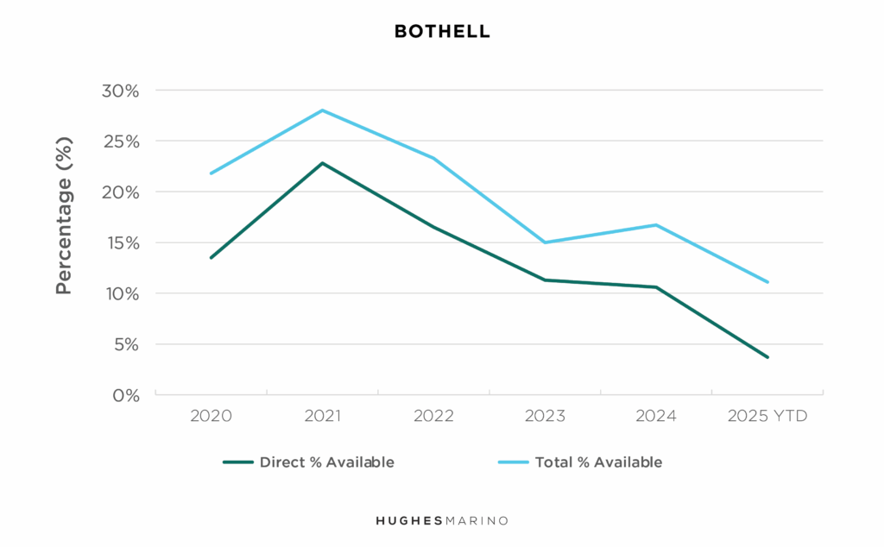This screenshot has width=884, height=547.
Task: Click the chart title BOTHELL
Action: (442, 32)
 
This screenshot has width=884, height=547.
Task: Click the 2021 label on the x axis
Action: (322, 417)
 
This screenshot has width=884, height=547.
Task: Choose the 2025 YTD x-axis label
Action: (767, 417)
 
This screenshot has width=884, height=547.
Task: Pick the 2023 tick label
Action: (545, 417)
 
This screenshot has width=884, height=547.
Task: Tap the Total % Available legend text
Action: (598, 462)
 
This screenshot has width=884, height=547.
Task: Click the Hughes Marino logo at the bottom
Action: (442, 521)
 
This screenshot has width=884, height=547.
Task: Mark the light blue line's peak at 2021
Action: (322, 110)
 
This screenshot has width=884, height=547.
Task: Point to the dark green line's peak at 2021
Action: (322, 163)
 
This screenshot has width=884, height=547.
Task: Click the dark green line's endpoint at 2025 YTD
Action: (767, 357)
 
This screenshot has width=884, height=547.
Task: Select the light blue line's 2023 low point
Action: (545, 242)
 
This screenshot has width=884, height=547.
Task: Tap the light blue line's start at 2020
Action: (212, 173)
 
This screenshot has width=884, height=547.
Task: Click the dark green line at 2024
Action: (656, 287)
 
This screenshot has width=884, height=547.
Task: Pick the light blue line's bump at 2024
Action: (656, 225)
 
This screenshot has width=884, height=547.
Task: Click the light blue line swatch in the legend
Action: (513, 462)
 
